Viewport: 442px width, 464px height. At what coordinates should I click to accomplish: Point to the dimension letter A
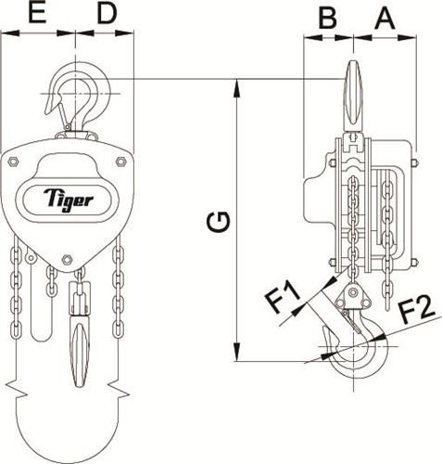(x=385, y=16)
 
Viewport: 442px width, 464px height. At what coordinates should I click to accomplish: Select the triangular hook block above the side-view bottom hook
(x=353, y=298)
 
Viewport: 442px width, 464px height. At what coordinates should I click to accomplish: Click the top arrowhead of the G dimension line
(x=239, y=86)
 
